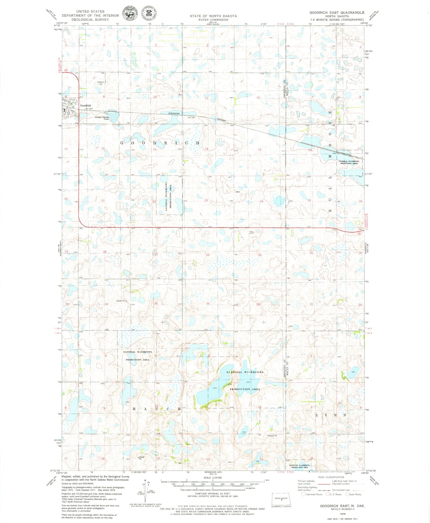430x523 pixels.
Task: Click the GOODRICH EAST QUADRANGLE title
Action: pos(337,13)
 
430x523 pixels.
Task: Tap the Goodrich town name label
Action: pos(85,106)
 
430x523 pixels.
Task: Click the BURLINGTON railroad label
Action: pos(174,114)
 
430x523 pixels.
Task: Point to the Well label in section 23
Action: pos(238,192)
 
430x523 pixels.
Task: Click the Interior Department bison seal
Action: pos(130,13)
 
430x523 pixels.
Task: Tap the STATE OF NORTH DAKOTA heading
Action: pos(213,16)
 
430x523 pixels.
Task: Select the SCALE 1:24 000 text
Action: pos(213,478)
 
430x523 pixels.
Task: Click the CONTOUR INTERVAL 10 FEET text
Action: pos(212,493)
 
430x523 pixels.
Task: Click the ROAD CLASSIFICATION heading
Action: pos(331,477)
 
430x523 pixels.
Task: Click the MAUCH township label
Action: pos(157,409)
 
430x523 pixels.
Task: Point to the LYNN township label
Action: pos(331,415)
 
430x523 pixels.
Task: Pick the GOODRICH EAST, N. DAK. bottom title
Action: pos(342,506)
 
